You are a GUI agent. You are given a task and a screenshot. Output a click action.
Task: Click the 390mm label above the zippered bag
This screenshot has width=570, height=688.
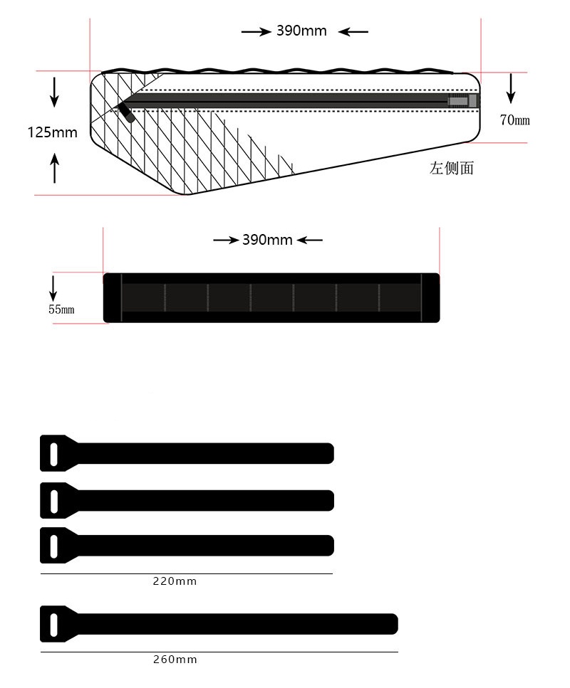pos(301,31)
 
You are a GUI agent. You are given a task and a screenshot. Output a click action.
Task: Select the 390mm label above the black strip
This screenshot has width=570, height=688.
pos(267,240)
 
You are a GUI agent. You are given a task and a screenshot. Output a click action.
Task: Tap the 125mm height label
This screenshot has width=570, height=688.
pos(52,132)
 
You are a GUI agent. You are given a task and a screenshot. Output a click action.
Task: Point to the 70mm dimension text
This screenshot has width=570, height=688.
pos(514,120)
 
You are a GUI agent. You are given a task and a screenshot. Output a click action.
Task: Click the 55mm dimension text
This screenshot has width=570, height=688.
pos(61,309)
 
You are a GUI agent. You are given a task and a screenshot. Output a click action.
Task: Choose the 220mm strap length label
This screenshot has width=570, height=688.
pos(175,581)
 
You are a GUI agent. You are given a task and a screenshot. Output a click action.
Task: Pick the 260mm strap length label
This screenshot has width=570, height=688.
pos(175,659)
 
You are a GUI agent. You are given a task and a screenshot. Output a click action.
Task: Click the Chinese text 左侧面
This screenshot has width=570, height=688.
pos(451,168)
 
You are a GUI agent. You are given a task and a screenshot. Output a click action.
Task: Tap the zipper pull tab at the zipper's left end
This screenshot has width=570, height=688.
pos(127,112)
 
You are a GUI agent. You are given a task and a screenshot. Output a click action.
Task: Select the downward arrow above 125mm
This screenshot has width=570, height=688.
pos(54,92)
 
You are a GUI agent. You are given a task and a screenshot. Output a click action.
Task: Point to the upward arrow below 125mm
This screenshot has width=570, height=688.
pos(54,168)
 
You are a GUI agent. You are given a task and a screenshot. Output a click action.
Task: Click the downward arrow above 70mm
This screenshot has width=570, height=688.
pos(511,89)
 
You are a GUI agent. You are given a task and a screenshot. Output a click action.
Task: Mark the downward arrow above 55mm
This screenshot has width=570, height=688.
pos(53,288)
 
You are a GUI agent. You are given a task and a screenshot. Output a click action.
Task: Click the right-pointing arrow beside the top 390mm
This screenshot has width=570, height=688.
pos(256,31)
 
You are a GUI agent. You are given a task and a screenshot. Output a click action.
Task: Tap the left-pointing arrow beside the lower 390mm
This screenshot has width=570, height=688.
pos(310,240)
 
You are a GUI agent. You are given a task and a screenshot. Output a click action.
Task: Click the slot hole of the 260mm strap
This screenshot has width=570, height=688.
pos(54,625)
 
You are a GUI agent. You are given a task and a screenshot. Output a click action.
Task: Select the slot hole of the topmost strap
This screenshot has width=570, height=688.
pos(54,454)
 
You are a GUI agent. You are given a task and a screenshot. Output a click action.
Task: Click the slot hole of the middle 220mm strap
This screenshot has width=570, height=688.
pos(54,502)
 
